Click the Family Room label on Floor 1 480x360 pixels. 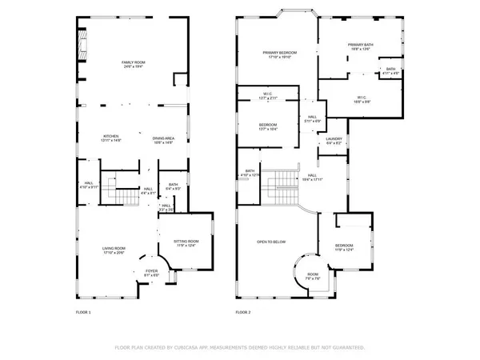point(132,64)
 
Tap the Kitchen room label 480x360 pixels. point(111,138)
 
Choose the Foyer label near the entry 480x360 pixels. point(150,273)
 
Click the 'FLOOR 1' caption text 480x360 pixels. point(83,311)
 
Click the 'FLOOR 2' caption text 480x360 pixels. point(243,311)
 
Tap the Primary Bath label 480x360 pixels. point(360,46)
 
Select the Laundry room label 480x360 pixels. point(334,141)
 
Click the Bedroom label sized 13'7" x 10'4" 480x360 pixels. point(267,126)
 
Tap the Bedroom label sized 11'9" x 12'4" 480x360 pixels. point(344,247)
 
